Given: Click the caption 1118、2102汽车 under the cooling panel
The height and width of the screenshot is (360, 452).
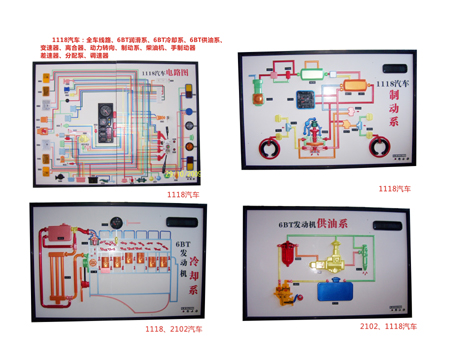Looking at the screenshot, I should coord(173,328).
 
